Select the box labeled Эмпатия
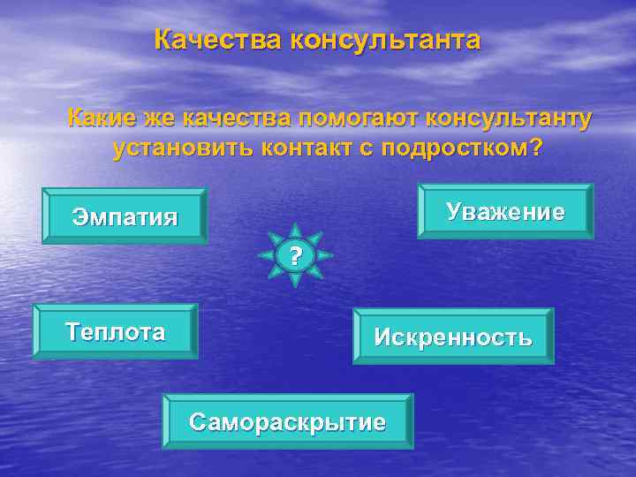pyautogui.click(x=125, y=216)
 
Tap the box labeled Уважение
pyautogui.click(x=504, y=212)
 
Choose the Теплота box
pyautogui.click(x=115, y=332)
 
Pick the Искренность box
pyautogui.click(x=453, y=337)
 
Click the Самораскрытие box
pyautogui.click(x=287, y=422)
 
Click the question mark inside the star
pyautogui.click(x=296, y=256)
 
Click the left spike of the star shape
pyautogui.click(x=263, y=256)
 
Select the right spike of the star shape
pyautogui.click(x=328, y=256)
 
